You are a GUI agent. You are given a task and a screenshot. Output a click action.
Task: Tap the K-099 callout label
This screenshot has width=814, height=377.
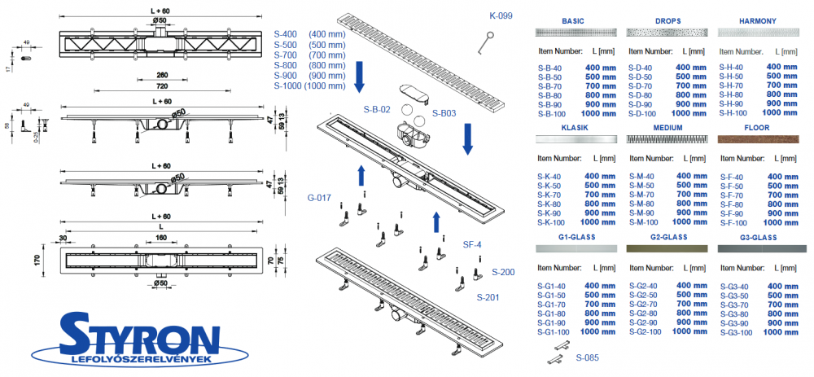coord(501,16)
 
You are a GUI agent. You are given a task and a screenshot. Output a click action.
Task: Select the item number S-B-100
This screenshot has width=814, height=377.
coord(552,113)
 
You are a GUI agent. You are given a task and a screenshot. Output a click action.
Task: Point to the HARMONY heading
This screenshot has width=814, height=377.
coord(758,20)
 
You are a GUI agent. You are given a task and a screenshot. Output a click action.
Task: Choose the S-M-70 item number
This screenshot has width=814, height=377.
coord(642,195)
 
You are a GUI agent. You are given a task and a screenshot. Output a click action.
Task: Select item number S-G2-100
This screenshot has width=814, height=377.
coord(646,331)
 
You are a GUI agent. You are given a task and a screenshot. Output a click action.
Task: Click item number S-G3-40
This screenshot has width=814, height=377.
coord(736,286)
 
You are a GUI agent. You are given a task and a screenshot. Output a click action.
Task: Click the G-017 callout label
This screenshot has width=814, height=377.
coord(319,196)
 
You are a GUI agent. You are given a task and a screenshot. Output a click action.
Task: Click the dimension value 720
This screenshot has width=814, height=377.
coord(162,85)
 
